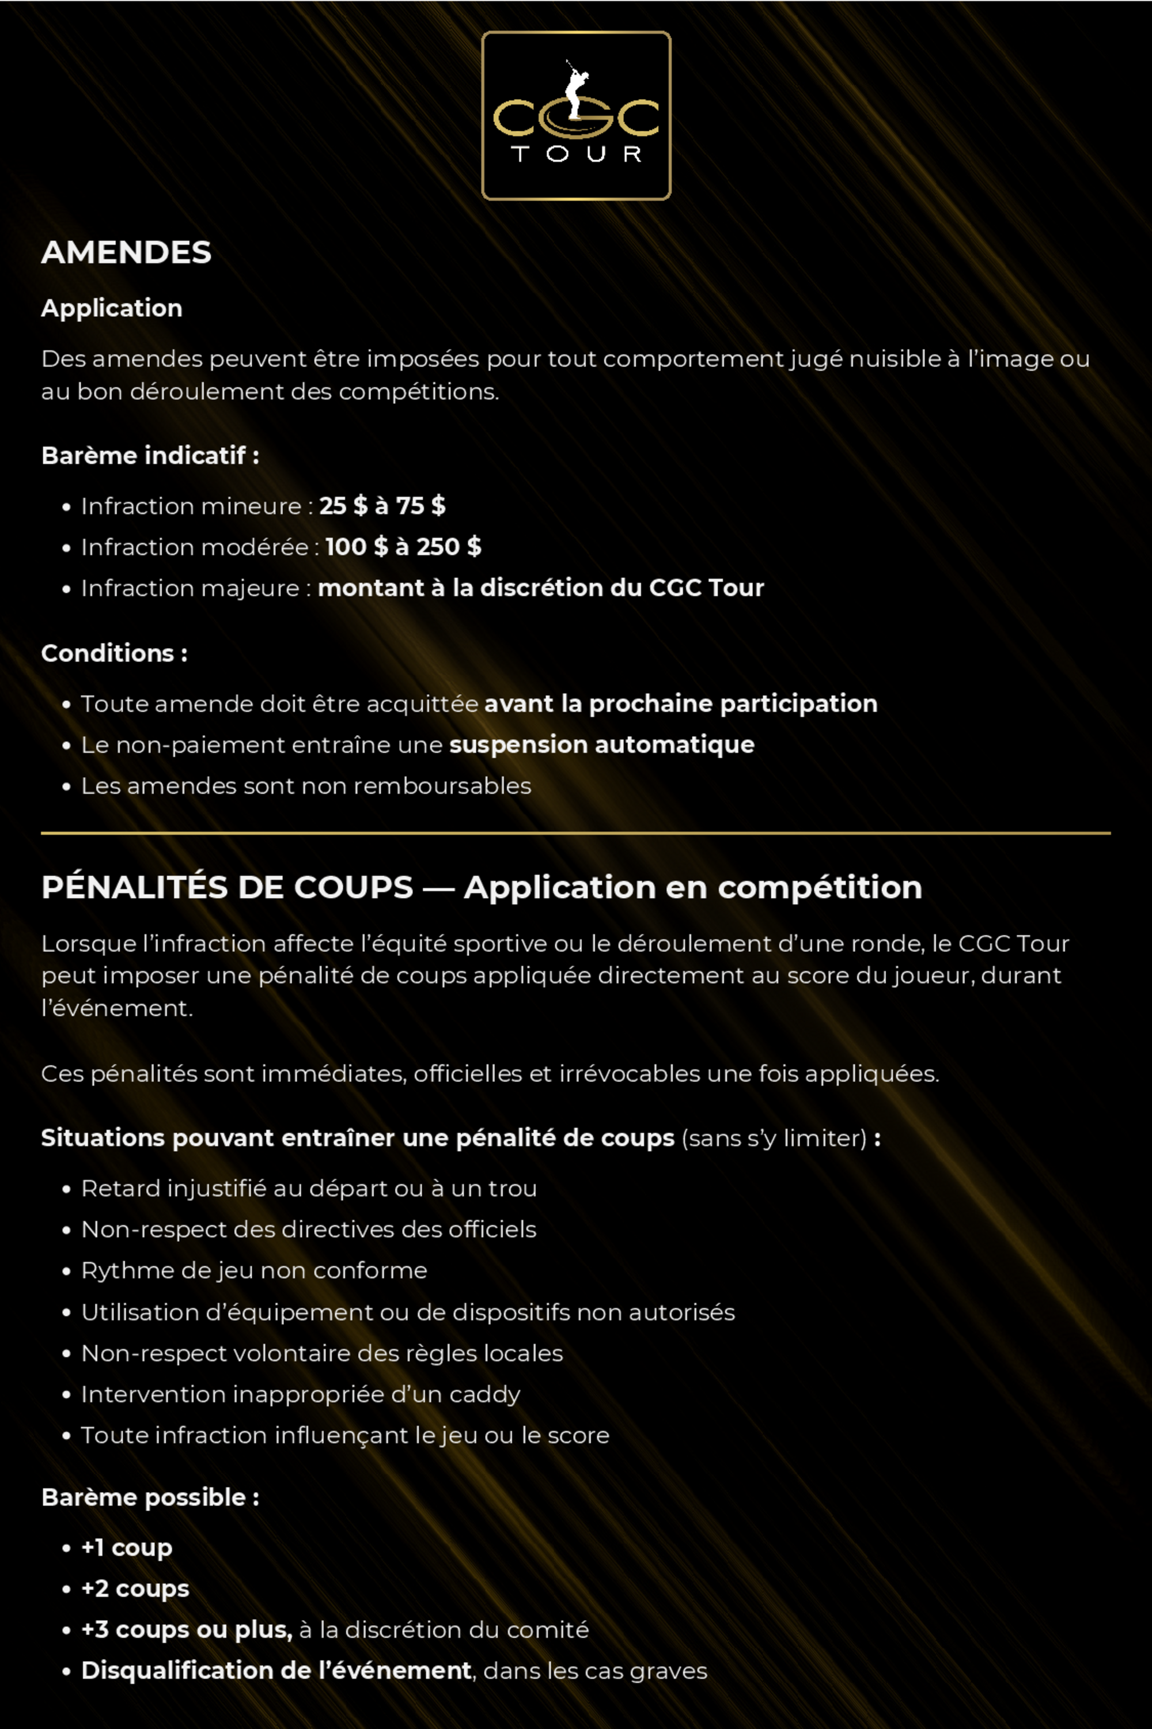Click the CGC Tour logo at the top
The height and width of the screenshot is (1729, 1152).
[576, 115]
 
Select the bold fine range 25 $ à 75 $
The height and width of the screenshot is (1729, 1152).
[382, 506]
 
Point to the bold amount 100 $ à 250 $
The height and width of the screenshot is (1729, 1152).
[403, 547]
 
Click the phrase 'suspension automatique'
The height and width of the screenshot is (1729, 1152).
[602, 745]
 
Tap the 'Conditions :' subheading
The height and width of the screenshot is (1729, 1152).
[115, 653]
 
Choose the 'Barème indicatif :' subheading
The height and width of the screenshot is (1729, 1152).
[150, 456]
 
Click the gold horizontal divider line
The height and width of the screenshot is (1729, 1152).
[576, 833]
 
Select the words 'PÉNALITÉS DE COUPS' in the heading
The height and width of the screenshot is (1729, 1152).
[228, 888]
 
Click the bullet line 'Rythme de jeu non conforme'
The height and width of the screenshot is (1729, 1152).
[254, 1270]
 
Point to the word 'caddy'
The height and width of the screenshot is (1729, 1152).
[485, 1395]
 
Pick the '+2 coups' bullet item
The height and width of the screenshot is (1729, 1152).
[135, 1588]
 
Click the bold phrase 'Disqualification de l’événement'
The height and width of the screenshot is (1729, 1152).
[276, 1671]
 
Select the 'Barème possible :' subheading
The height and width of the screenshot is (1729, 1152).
[150, 1497]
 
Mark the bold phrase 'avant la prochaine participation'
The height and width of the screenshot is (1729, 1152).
[681, 704]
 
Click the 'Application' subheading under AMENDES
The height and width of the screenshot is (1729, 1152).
[112, 309]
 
